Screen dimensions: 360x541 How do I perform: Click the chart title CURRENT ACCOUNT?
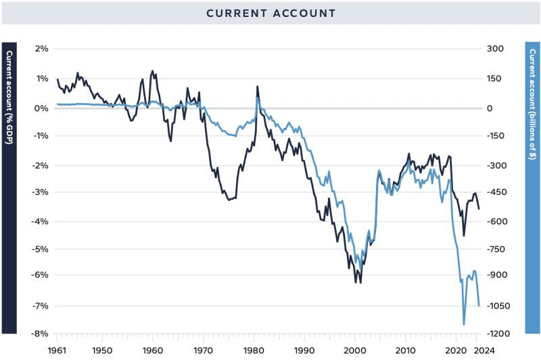(270, 13)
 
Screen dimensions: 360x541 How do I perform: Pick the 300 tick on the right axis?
(497, 49)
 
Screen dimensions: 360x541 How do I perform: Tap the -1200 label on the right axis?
(499, 334)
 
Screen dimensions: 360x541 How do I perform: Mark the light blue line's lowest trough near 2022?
(464, 325)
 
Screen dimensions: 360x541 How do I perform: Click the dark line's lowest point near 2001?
(360, 282)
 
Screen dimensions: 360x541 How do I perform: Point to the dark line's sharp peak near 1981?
(257, 87)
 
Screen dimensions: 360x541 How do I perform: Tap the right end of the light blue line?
(479, 306)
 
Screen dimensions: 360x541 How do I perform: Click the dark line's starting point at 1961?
(57, 80)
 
